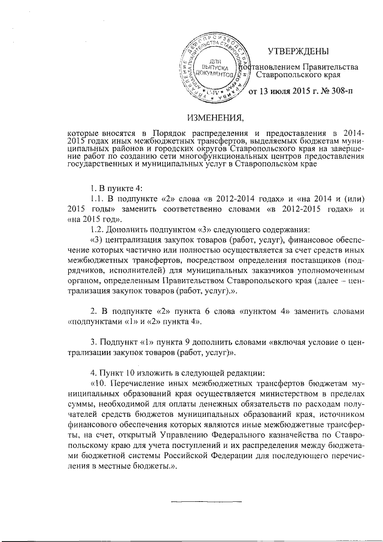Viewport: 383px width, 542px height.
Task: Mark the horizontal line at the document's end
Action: pos(206,500)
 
